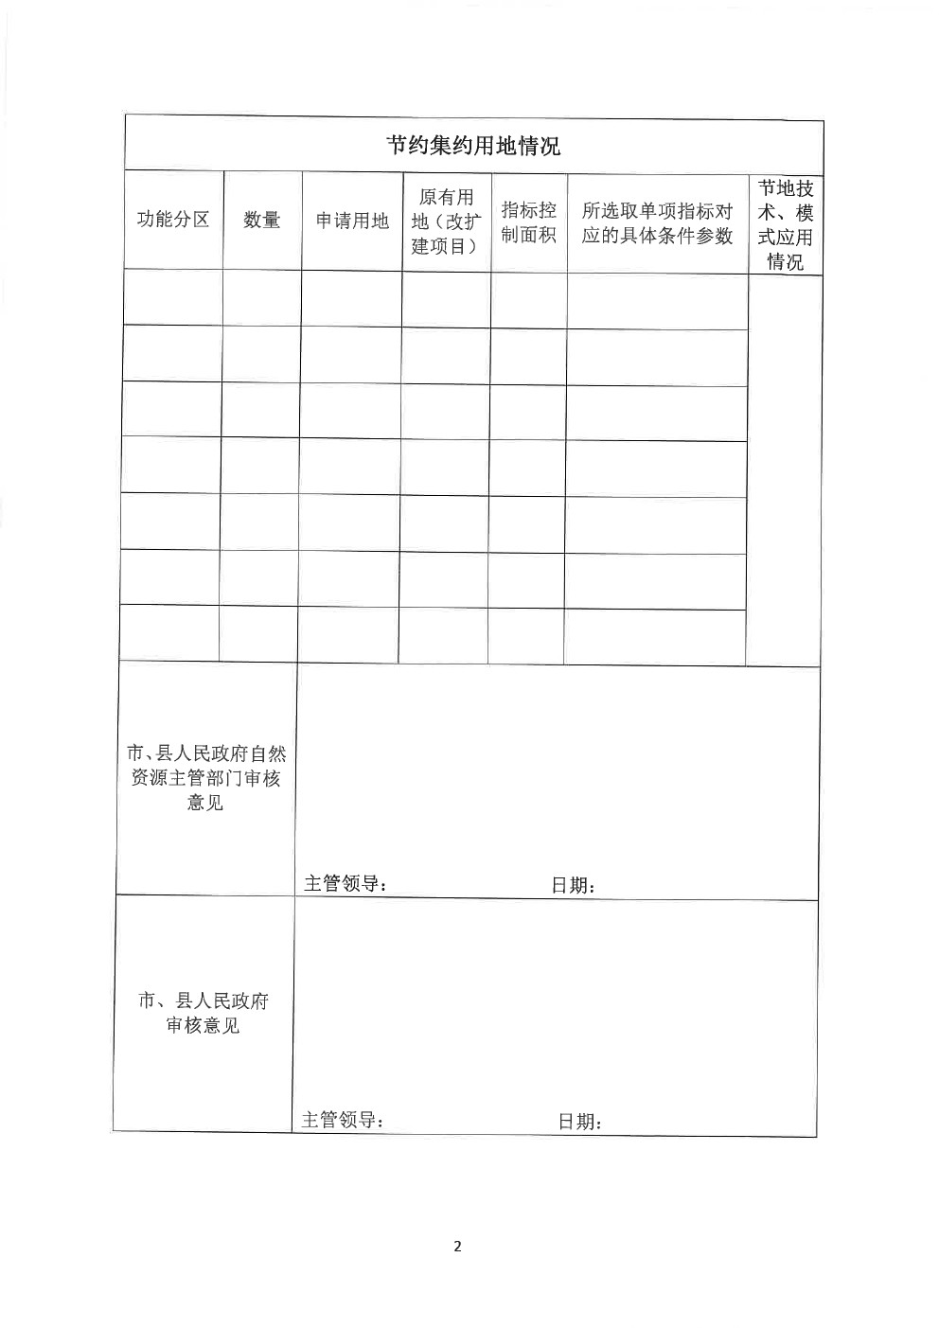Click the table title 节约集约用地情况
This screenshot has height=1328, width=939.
click(472, 145)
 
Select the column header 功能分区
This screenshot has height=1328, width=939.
click(173, 220)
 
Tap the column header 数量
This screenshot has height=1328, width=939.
click(262, 220)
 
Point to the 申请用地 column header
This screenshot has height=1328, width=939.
click(352, 221)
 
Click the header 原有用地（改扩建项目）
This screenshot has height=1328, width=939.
click(446, 221)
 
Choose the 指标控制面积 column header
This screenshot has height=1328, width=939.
click(528, 222)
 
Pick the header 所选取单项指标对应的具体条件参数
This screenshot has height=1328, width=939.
click(657, 224)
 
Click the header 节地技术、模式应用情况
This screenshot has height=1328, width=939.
click(785, 225)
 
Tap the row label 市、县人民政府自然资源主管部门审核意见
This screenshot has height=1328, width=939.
click(205, 778)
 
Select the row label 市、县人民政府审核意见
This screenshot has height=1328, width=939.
click(203, 1013)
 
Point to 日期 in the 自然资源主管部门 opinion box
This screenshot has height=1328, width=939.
click(573, 886)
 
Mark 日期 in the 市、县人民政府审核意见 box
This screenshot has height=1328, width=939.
click(579, 1122)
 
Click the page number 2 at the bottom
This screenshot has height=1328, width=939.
click(457, 1246)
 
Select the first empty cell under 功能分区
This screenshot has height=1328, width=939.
click(172, 297)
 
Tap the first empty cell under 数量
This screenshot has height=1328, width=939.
click(261, 298)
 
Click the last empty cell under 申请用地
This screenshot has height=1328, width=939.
click(347, 633)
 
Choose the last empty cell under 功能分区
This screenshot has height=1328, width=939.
click(169, 632)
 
